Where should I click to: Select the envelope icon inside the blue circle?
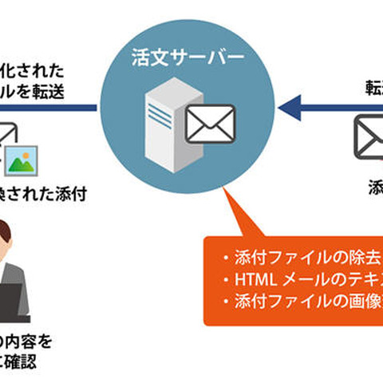(210, 124)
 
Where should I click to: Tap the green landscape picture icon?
(24, 159)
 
